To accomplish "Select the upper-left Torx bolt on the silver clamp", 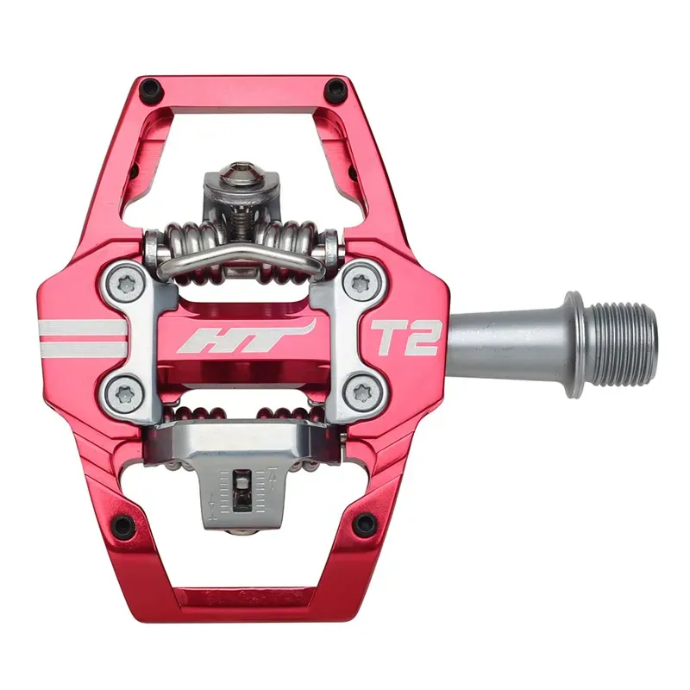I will [127, 284].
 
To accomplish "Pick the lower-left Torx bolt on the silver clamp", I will [125, 394].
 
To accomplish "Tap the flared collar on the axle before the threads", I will [576, 337].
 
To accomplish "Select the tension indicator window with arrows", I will [245, 493].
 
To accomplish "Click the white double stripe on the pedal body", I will [82, 338].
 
